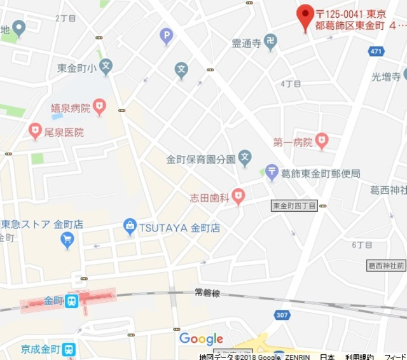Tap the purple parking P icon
pyautogui.click(x=167, y=36)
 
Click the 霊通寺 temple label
pyautogui.click(x=246, y=43)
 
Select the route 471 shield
pyautogui.click(x=376, y=51)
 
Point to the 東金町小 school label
pyautogui.click(x=76, y=68)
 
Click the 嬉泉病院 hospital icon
pyautogui.click(x=99, y=106)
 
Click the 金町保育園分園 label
pyautogui.click(x=201, y=158)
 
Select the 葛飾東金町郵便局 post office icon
pyautogui.click(x=272, y=171)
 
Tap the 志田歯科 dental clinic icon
pyautogui.click(x=238, y=196)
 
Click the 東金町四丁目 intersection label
pyautogui.click(x=294, y=205)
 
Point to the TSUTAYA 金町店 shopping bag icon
pyautogui.click(x=130, y=226)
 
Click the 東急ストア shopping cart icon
pyautogui.click(x=67, y=240)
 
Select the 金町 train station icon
pyautogui.click(x=72, y=300)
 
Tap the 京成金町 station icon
pyautogui.click(x=69, y=349)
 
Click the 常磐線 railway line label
pyautogui.click(x=207, y=293)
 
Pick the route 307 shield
pyautogui.click(x=282, y=315)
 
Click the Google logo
pyautogui.click(x=201, y=338)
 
